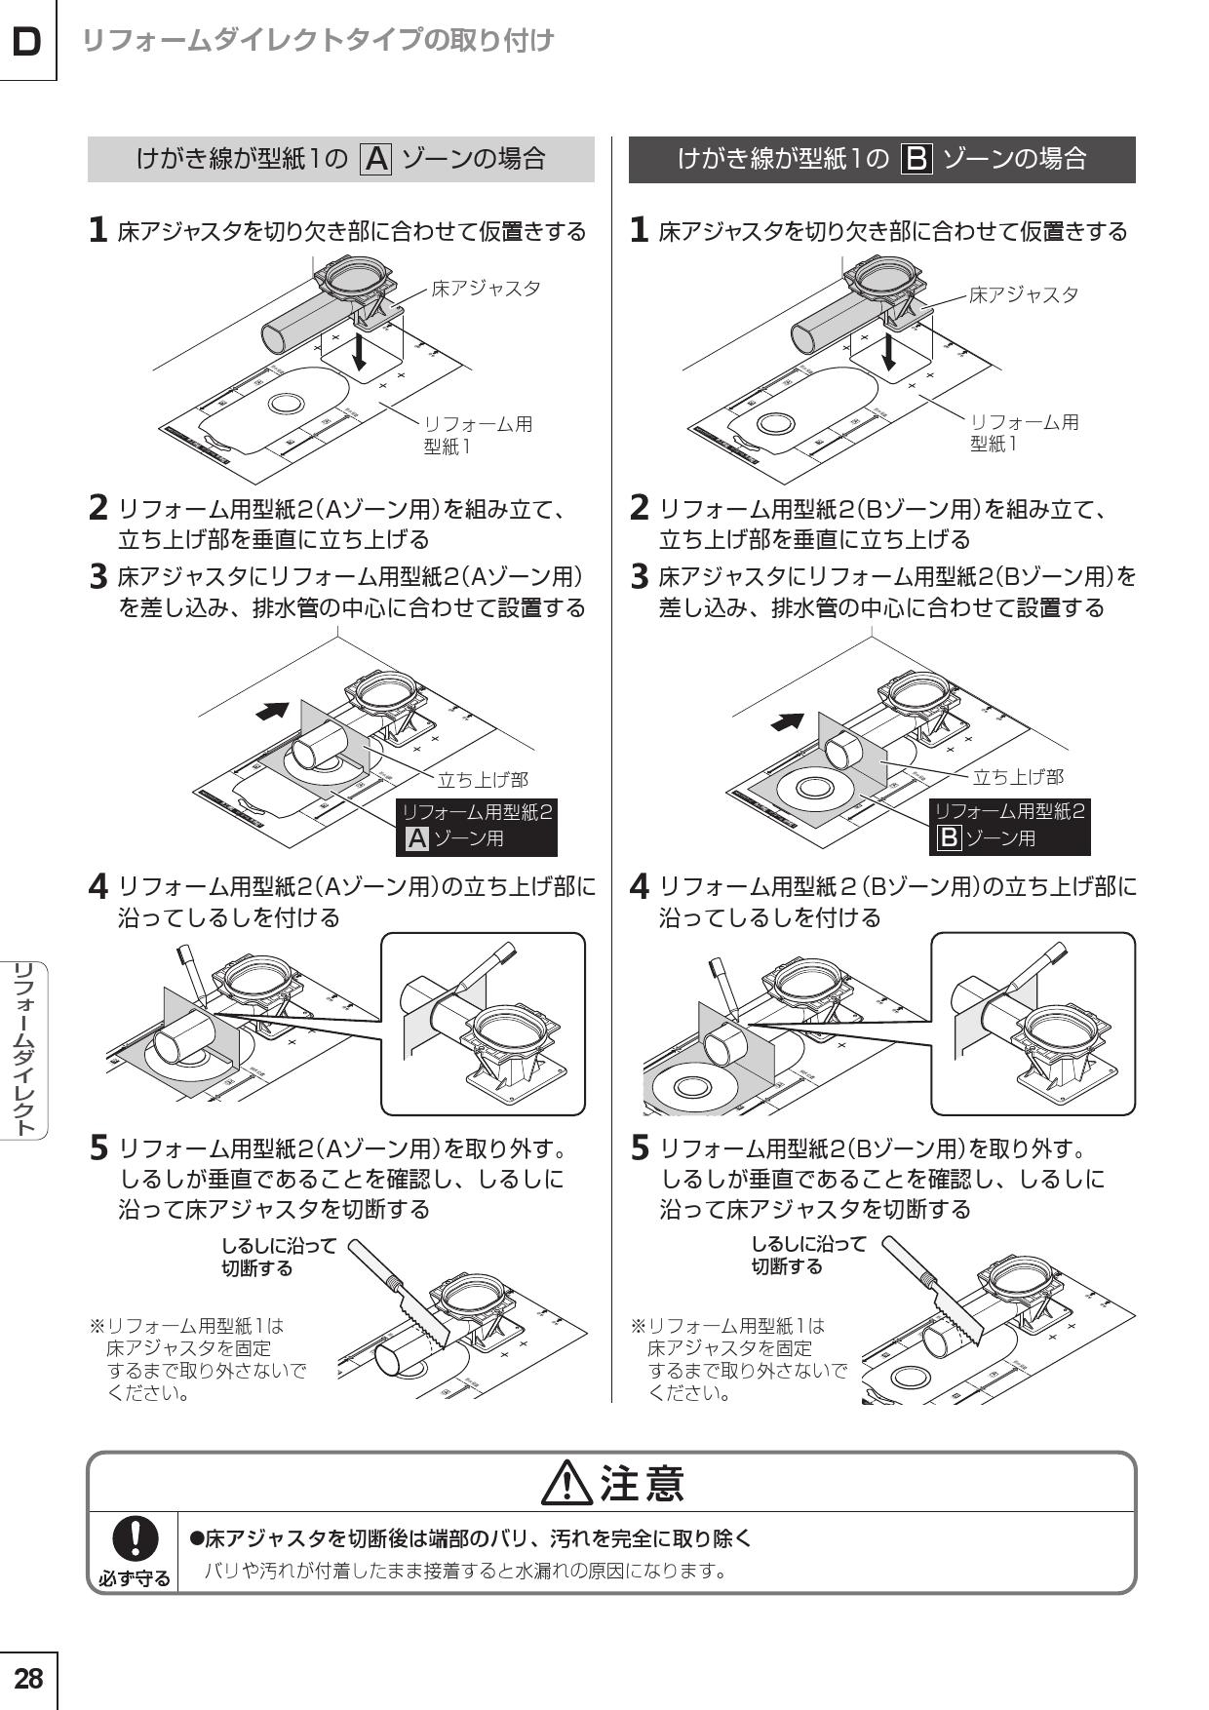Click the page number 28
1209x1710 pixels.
[x=28, y=1678]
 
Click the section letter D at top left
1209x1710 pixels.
[x=27, y=42]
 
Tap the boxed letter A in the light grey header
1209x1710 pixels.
[x=376, y=159]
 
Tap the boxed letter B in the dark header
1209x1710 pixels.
[x=917, y=159]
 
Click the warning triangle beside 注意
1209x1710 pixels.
[x=566, y=1485]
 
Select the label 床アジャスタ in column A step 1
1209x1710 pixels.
[x=486, y=289]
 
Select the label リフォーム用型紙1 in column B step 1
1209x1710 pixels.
[x=1024, y=433]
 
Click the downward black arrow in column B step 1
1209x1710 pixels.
[x=888, y=353]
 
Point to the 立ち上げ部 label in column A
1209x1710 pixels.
[x=483, y=780]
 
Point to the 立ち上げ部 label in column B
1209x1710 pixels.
[x=1018, y=777]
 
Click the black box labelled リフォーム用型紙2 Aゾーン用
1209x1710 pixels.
[x=477, y=826]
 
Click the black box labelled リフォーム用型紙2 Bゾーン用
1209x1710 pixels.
[x=1009, y=826]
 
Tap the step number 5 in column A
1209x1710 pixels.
[x=98, y=1148]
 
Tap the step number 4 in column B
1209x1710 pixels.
[x=640, y=887]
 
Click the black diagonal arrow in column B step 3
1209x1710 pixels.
[x=788, y=722]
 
